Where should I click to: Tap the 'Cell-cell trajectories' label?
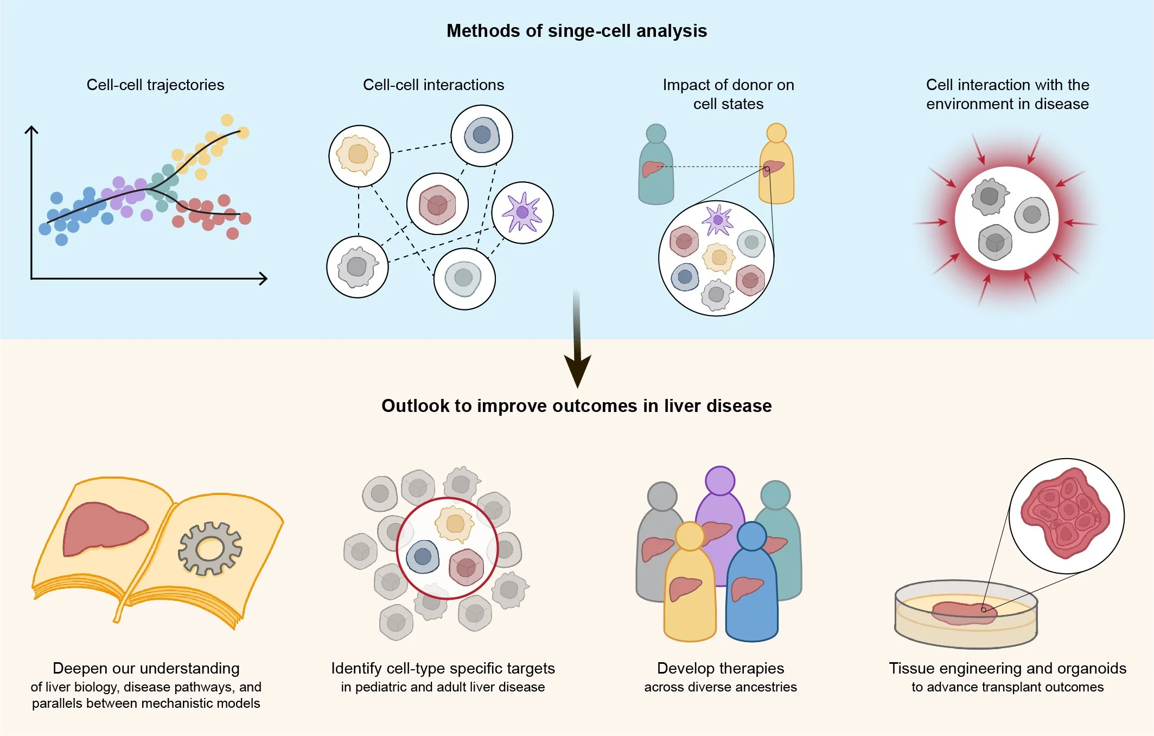tap(155, 85)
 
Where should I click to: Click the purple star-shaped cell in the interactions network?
tap(522, 212)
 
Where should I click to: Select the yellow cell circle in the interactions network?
tap(359, 155)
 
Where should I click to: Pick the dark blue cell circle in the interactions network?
tap(482, 135)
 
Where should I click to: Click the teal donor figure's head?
tap(656, 134)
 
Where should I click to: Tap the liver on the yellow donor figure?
tap(773, 167)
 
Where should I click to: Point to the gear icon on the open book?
tap(210, 548)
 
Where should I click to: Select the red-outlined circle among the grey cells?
tap(447, 548)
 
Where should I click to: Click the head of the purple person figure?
tap(720, 480)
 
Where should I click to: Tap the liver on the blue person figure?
tap(747, 588)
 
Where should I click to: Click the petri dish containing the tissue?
tap(966, 616)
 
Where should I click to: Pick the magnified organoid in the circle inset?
tap(1066, 514)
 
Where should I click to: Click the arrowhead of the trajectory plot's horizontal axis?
tap(264, 278)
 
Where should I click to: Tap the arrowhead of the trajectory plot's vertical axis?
tap(31, 130)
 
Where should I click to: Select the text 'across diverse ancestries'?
tap(720, 687)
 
